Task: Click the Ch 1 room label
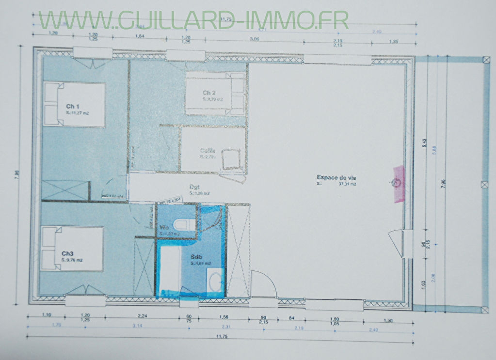coord(72,107)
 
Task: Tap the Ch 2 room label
coord(209,93)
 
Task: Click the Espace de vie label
coord(336,178)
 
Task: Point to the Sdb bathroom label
coord(196,257)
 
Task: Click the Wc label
coord(164,227)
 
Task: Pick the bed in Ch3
coord(72,249)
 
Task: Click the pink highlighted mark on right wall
coord(399,184)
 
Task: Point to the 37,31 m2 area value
coord(347,185)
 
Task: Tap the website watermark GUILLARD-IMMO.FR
coord(194,20)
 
